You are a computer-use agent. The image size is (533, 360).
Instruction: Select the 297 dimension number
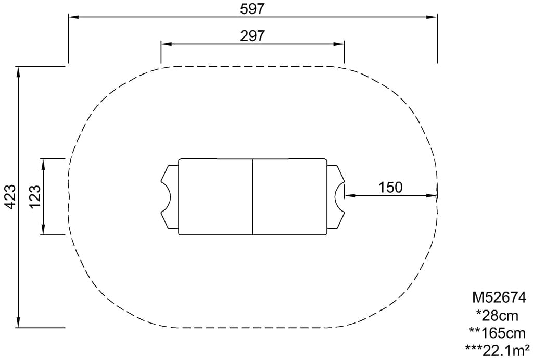click(252, 35)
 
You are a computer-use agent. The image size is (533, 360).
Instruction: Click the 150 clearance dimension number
click(390, 187)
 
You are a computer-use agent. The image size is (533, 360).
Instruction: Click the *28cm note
click(497, 316)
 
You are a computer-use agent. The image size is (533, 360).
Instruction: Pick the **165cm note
click(497, 333)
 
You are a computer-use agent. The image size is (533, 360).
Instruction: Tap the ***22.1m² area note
click(497, 350)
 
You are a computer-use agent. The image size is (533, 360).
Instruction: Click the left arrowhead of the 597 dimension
click(74, 17)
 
